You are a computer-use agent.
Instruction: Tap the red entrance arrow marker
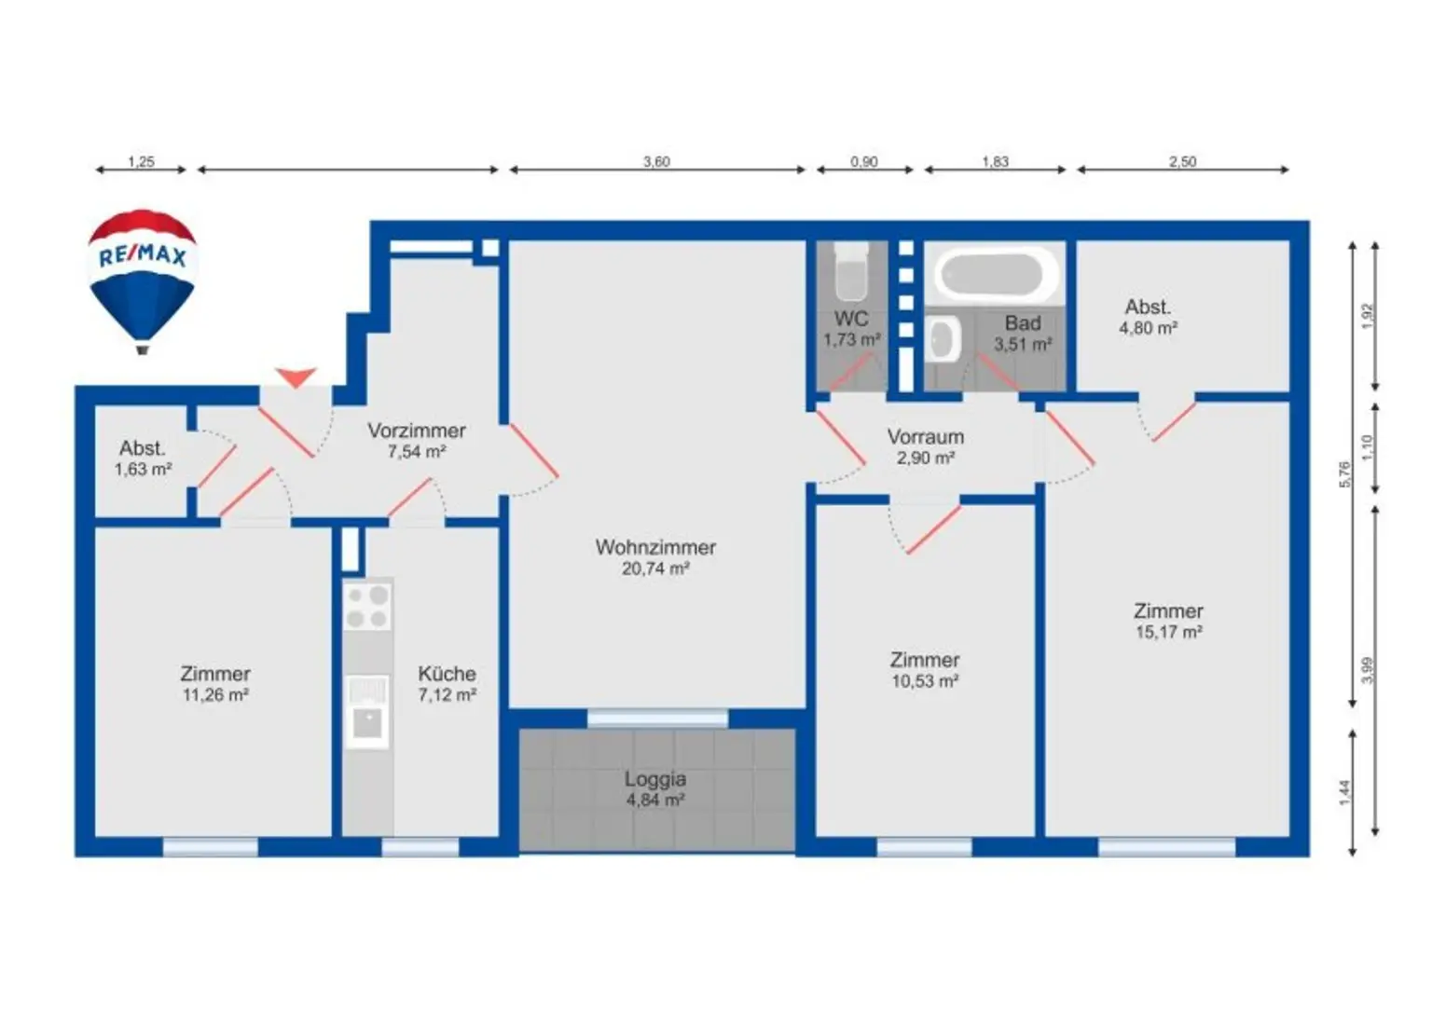pyautogui.click(x=296, y=376)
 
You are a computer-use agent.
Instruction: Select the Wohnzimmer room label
pyautogui.click(x=655, y=547)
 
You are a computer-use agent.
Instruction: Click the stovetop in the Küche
pyautogui.click(x=367, y=607)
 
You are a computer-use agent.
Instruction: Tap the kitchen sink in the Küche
pyautogui.click(x=367, y=718)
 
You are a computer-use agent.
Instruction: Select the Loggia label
pyautogui.click(x=655, y=779)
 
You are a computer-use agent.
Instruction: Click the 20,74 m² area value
pyautogui.click(x=655, y=568)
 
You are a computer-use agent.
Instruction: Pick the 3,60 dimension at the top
pyautogui.click(x=656, y=161)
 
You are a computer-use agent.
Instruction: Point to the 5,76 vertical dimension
pyautogui.click(x=1344, y=474)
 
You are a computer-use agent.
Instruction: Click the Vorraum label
pyautogui.click(x=925, y=436)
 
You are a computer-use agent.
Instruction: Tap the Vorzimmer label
pyautogui.click(x=416, y=431)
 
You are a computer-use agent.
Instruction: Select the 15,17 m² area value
pyautogui.click(x=1168, y=632)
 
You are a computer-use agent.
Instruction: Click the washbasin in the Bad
pyautogui.click(x=943, y=339)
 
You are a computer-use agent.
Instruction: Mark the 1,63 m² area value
pyautogui.click(x=143, y=470)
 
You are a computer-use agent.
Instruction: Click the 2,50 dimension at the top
pyautogui.click(x=1182, y=161)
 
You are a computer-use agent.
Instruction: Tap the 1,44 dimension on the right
pyautogui.click(x=1344, y=792)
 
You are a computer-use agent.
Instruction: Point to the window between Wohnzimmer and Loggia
pyautogui.click(x=657, y=718)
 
